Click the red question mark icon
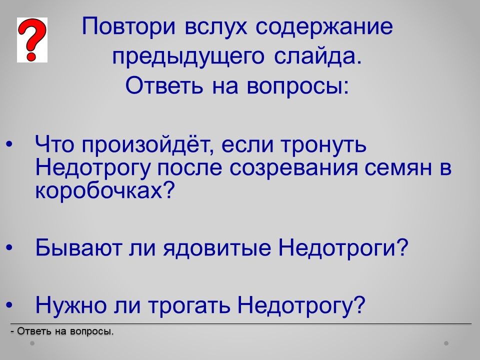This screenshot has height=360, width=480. tap(32, 40)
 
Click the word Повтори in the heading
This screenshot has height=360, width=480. tap(129, 26)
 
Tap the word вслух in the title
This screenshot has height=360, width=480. tap(216, 26)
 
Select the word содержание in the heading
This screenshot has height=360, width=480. tap(324, 27)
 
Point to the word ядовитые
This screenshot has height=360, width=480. tap(217, 247)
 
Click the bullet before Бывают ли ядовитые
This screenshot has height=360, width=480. tap(10, 247)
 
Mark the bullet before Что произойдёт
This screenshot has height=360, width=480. tap(10, 144)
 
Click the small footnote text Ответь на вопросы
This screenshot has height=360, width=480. tap(65, 331)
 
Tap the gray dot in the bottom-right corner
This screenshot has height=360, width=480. tap(446, 343)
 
